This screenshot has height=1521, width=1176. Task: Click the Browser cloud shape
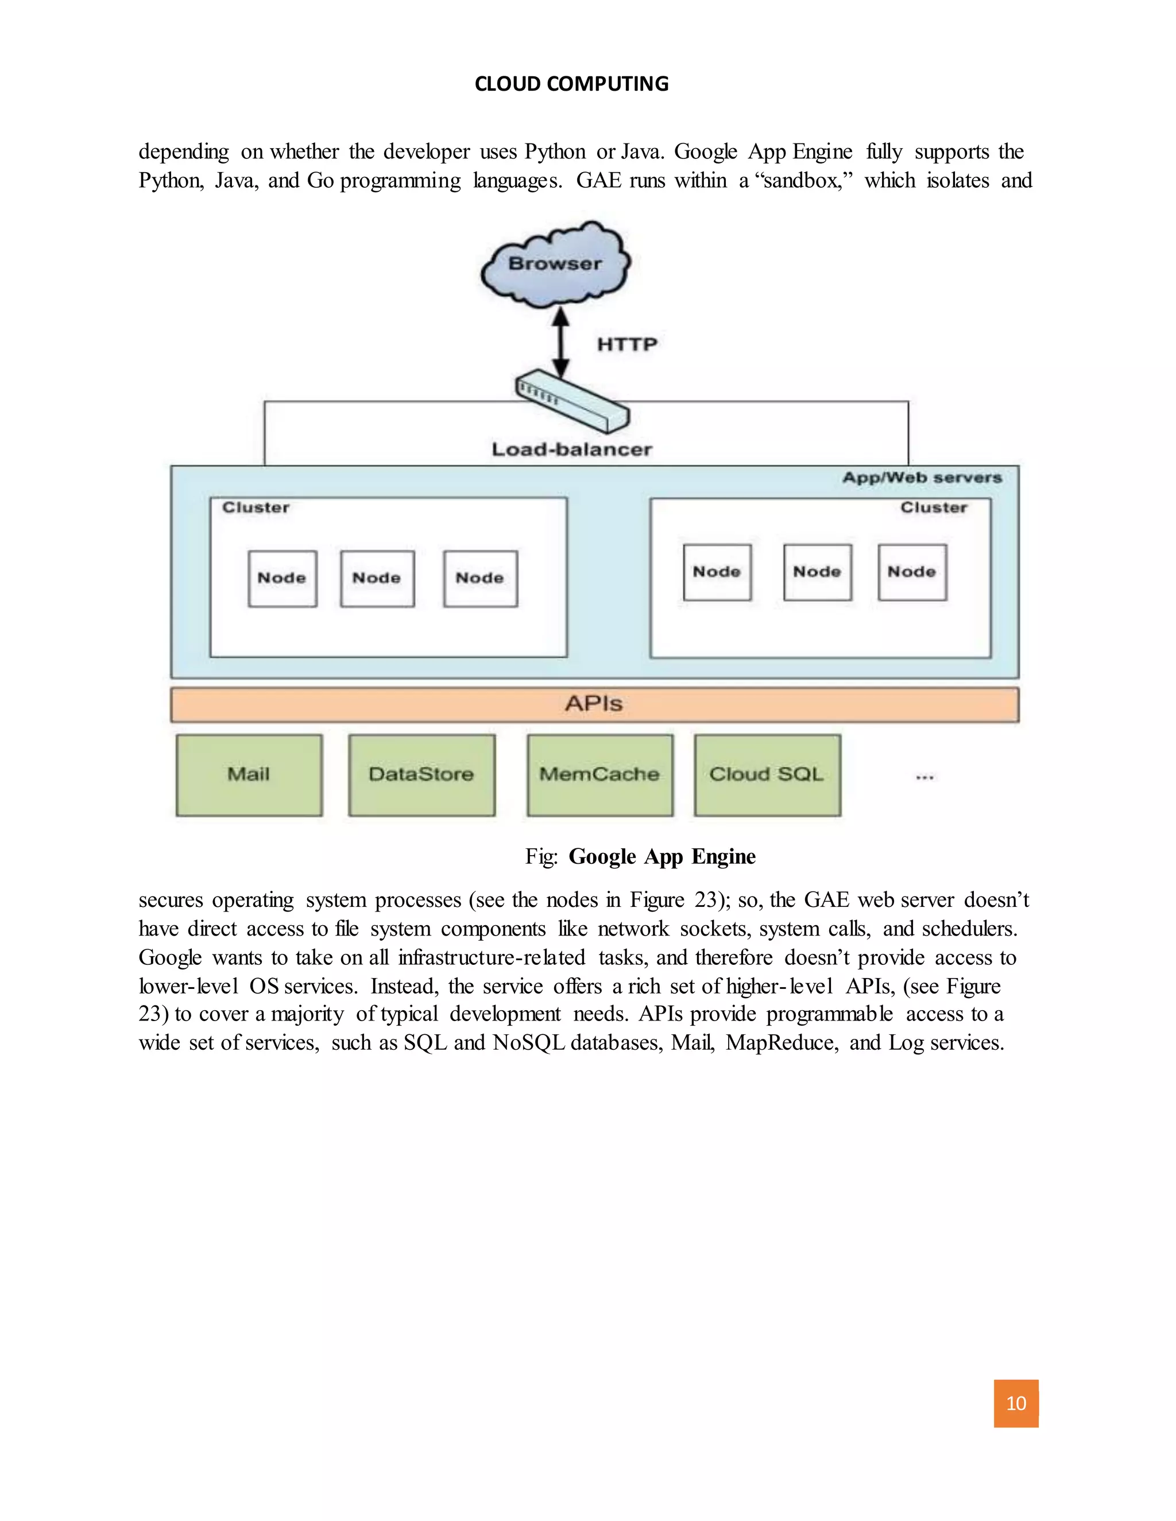[x=555, y=265]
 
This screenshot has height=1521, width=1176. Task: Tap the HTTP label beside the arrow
[x=627, y=344]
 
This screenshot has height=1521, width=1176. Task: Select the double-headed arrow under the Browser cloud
[x=561, y=343]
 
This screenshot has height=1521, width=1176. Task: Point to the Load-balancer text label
[x=572, y=449]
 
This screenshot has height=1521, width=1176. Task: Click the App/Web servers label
[x=922, y=478]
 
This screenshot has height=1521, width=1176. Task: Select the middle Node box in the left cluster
[x=377, y=578]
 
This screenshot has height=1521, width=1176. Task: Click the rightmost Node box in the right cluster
[x=912, y=572]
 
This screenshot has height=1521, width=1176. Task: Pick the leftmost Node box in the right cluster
[x=717, y=572]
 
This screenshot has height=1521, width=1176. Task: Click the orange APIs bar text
[x=594, y=704]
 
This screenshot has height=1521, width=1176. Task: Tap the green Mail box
[x=249, y=774]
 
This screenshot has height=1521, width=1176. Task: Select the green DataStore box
[x=421, y=774]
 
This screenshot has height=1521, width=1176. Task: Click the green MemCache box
[x=600, y=774]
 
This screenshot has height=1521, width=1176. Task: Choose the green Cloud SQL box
[x=767, y=774]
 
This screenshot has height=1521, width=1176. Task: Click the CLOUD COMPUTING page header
[x=571, y=84]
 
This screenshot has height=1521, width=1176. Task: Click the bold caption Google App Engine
[x=662, y=856]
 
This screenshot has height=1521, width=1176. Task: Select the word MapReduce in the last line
[x=782, y=1042]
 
